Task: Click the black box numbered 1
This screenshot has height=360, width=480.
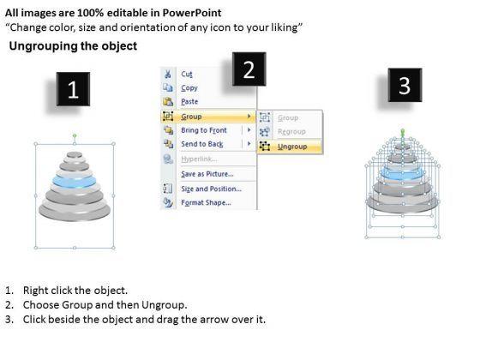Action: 73,89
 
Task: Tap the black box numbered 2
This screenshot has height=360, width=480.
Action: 249,69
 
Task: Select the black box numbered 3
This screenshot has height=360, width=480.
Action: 405,85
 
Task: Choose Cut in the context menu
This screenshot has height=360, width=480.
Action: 187,74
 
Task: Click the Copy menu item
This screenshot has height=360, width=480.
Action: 189,88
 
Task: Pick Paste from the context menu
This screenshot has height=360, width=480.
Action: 189,101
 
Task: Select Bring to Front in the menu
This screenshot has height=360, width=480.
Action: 204,130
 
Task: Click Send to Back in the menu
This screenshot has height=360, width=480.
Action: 202,144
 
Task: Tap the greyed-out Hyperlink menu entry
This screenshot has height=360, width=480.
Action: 199,159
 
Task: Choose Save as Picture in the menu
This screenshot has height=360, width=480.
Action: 207,174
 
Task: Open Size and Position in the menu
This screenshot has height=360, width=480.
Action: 211,189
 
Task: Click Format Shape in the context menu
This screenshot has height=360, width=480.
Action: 206,202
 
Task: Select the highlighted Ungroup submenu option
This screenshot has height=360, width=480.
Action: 292,147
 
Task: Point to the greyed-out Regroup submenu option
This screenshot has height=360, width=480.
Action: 291,132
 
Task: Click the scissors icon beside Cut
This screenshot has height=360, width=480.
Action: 168,74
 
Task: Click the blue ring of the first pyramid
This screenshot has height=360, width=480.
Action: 74,182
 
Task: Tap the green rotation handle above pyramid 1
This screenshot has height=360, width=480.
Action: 75,135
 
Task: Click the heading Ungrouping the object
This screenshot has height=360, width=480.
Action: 73,46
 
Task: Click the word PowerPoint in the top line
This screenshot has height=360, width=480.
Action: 192,13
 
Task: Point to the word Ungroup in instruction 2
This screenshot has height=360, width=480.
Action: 163,305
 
